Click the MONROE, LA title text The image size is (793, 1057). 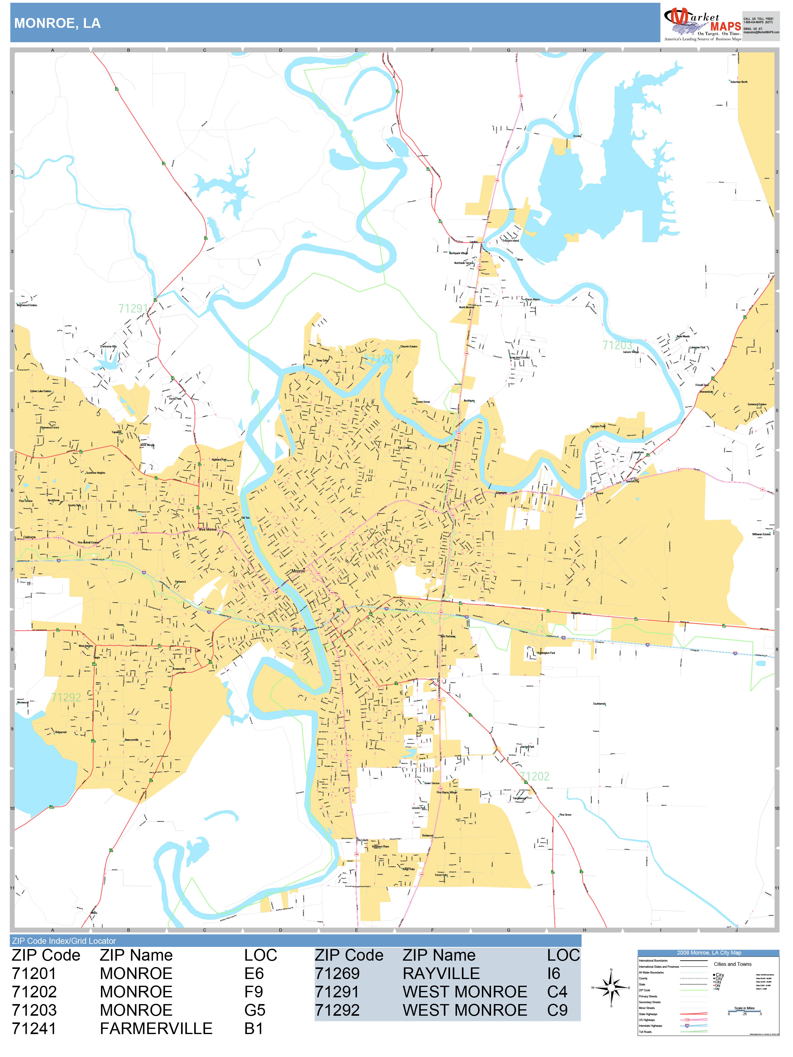click(x=57, y=24)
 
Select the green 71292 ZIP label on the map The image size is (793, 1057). click(x=66, y=697)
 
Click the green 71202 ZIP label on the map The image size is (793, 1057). click(x=534, y=777)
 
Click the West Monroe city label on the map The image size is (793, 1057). click(x=207, y=529)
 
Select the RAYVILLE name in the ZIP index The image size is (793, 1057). click(x=441, y=974)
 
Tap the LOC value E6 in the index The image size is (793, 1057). click(x=254, y=974)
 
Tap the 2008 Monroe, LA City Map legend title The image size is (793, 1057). click(x=709, y=952)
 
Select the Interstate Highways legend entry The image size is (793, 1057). click(x=650, y=1025)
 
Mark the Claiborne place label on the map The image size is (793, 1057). click(x=30, y=537)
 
